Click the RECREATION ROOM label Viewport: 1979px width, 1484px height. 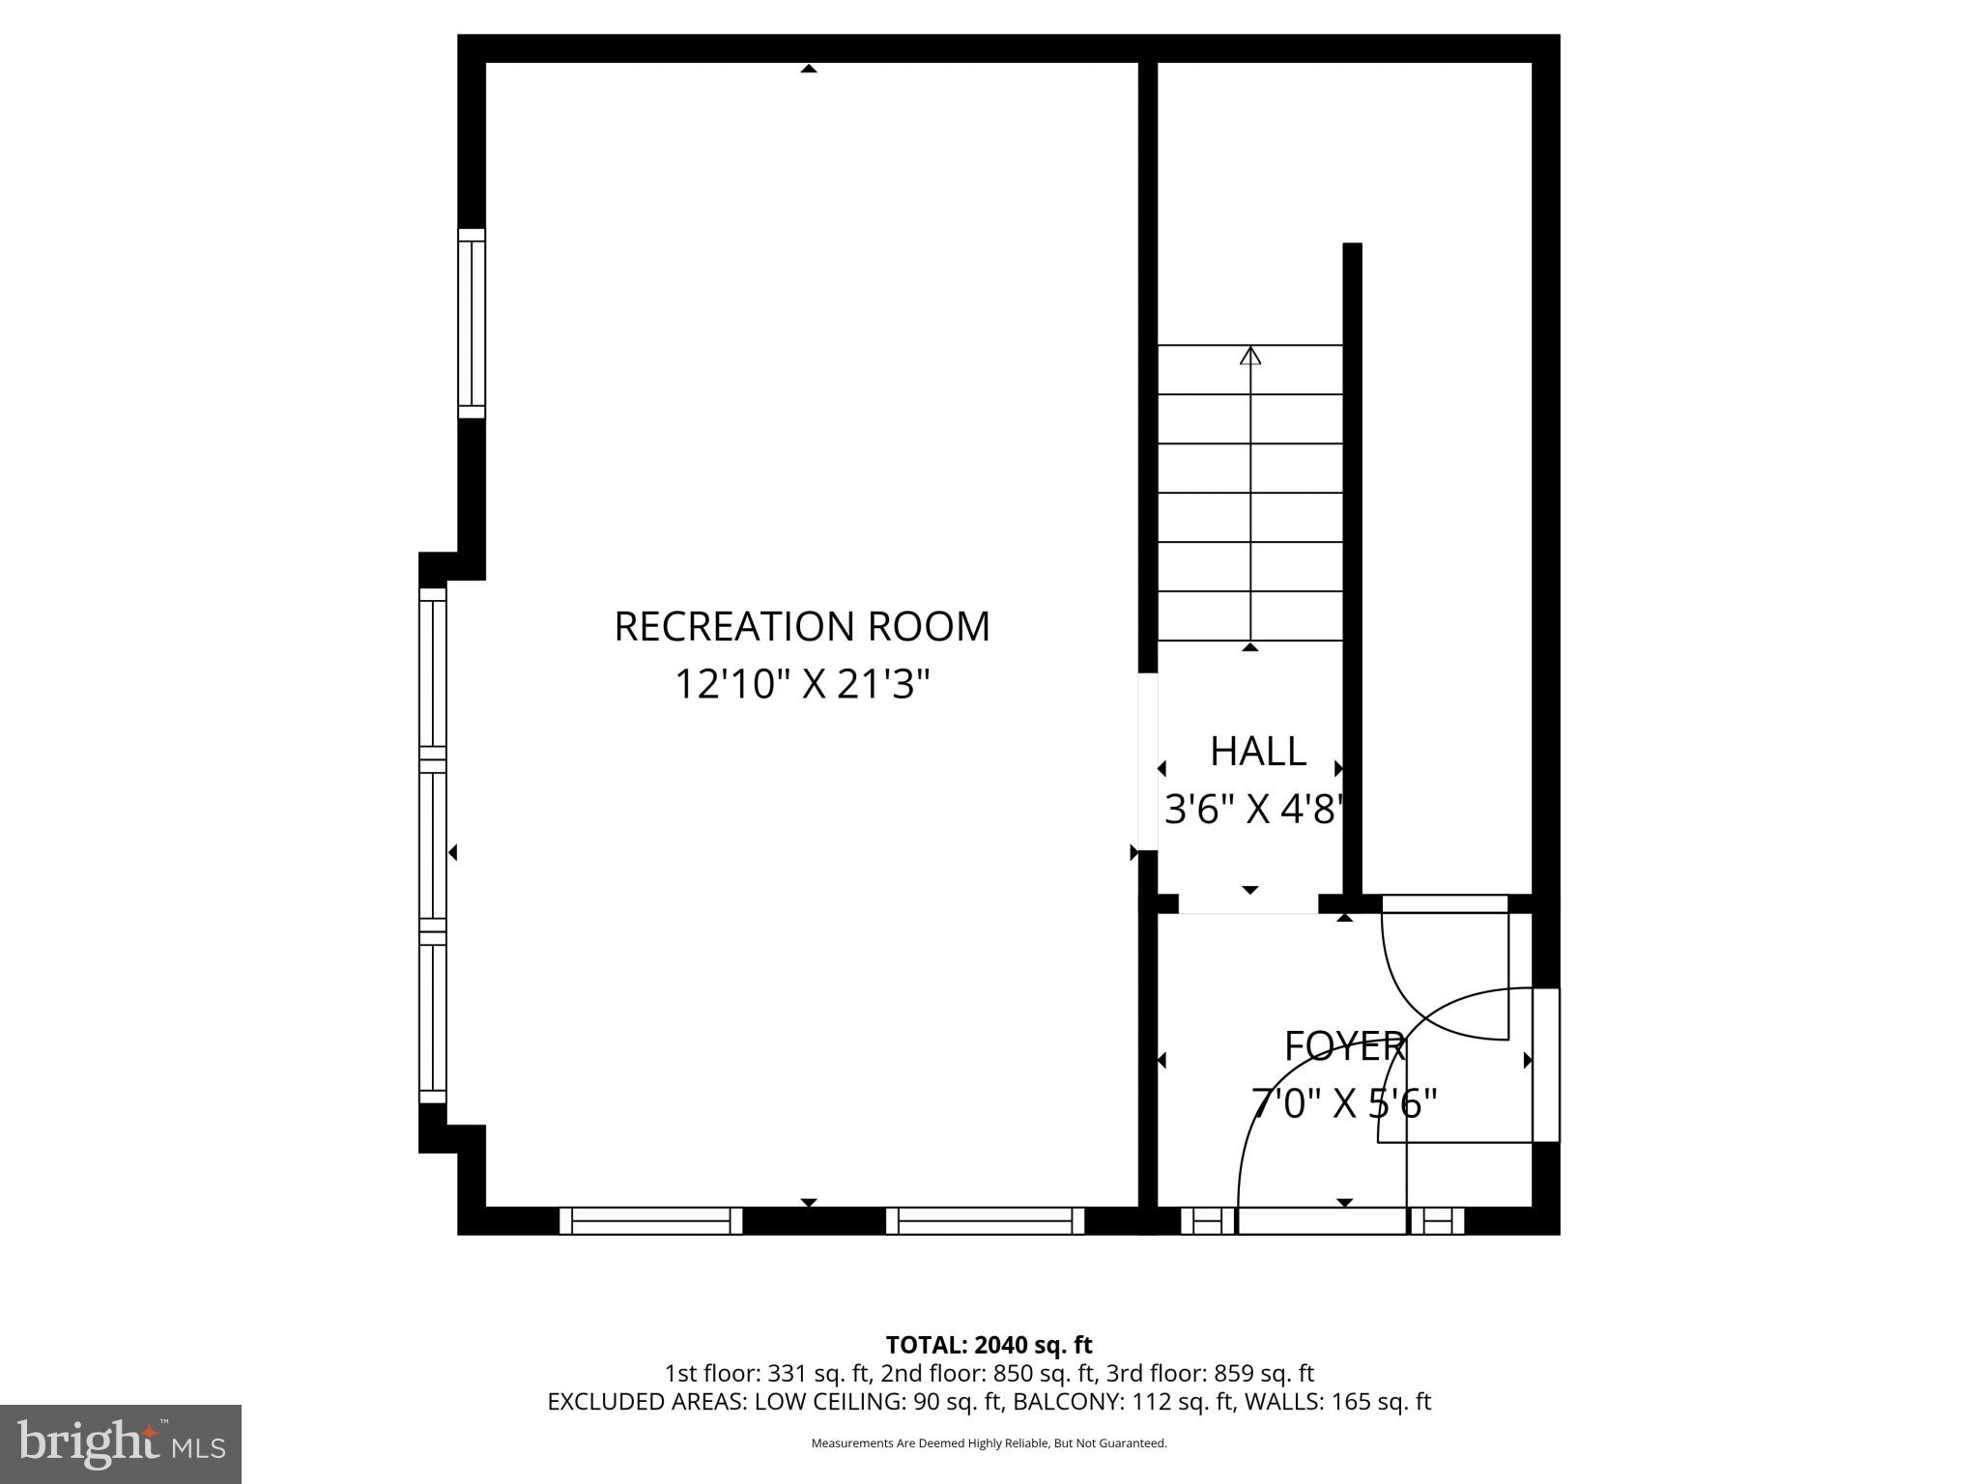click(x=802, y=626)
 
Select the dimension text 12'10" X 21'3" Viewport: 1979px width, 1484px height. click(x=802, y=685)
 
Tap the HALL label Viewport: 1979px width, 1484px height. click(x=1257, y=752)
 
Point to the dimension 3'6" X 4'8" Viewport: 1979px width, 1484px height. click(x=1253, y=810)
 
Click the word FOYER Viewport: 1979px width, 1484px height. click(x=1344, y=1046)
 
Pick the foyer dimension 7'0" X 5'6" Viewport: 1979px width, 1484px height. click(x=1344, y=1102)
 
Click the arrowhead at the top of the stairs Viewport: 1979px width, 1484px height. click(x=1250, y=356)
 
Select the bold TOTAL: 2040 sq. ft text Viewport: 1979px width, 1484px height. click(x=989, y=1345)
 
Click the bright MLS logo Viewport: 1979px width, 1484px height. click(x=121, y=1443)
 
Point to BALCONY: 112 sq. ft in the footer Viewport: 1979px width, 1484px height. click(x=1121, y=1402)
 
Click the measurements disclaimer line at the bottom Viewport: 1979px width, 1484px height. click(x=989, y=1443)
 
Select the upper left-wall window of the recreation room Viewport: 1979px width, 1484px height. click(x=471, y=324)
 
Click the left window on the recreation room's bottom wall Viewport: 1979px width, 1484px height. click(x=651, y=1220)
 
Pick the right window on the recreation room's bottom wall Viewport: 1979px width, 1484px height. click(x=986, y=1220)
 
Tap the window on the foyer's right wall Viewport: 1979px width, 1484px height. click(x=1546, y=1065)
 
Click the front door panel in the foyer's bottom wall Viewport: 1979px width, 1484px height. click(x=1321, y=1220)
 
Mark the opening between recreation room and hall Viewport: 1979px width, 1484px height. click(x=1147, y=761)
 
